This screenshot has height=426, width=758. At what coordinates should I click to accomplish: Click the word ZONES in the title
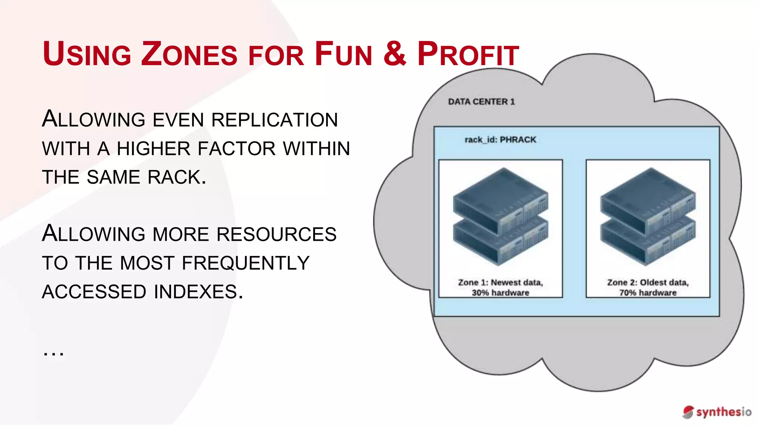pyautogui.click(x=189, y=54)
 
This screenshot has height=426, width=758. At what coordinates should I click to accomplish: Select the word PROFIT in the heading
pyautogui.click(x=468, y=54)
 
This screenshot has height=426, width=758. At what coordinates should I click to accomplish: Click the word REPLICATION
pyautogui.click(x=274, y=120)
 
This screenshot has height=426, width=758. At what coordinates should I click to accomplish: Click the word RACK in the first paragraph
pyautogui.click(x=177, y=177)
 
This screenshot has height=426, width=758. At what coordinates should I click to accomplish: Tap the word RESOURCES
pyautogui.click(x=276, y=234)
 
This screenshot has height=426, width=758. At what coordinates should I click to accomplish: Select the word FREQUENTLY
pyautogui.click(x=245, y=263)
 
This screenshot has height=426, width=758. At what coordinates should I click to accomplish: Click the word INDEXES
pyautogui.click(x=198, y=292)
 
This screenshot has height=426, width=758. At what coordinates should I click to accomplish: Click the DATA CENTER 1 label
pyautogui.click(x=481, y=102)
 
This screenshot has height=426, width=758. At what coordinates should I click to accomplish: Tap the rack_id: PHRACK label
pyautogui.click(x=500, y=140)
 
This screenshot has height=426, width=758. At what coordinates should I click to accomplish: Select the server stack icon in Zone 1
pyautogui.click(x=500, y=216)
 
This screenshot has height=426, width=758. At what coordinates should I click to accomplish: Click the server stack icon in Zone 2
pyautogui.click(x=648, y=216)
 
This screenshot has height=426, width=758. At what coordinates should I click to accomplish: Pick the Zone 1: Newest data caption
pyautogui.click(x=500, y=283)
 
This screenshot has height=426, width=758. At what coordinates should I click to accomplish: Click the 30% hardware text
pyautogui.click(x=500, y=293)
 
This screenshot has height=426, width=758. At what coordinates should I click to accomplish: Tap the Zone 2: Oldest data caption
pyautogui.click(x=648, y=283)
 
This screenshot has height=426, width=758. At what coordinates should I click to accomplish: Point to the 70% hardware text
pyautogui.click(x=648, y=293)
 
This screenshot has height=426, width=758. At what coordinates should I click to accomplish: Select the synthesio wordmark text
pyautogui.click(x=724, y=412)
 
